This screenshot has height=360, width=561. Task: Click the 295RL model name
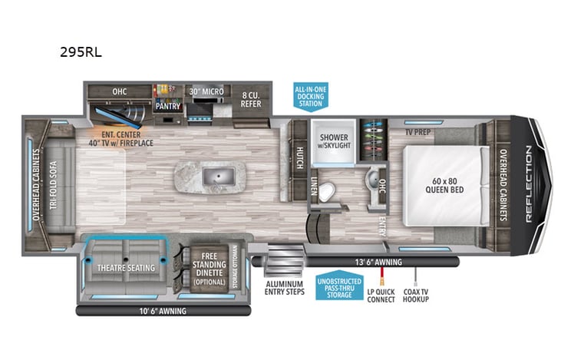coord(81,54)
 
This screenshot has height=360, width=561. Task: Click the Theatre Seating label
coord(127,267)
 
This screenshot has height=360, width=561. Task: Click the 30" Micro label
coord(207,91)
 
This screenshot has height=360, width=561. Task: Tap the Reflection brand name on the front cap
coord(529,183)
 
